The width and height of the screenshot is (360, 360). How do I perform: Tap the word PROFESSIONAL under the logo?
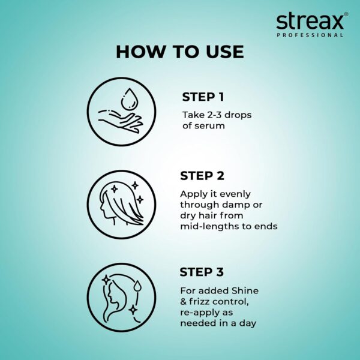(318, 35)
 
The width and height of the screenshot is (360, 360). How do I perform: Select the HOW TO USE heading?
(180, 52)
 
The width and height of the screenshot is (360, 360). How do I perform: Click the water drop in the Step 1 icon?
(128, 98)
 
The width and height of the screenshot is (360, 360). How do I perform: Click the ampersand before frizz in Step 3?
(184, 301)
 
